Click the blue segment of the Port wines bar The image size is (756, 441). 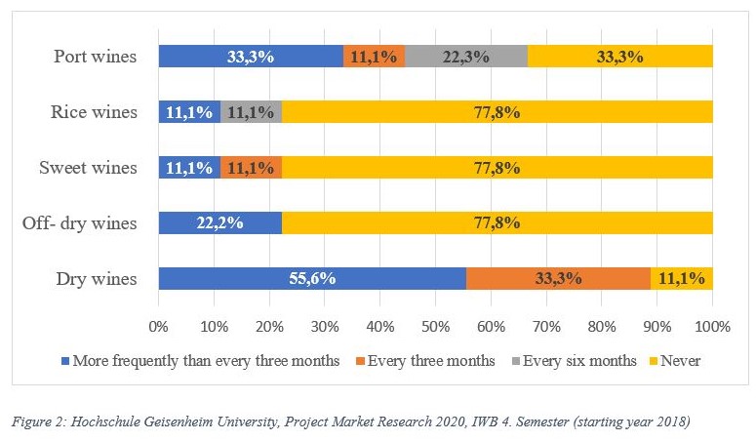(x=251, y=57)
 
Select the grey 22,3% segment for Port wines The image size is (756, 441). (x=466, y=57)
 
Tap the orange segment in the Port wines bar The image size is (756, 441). (x=374, y=57)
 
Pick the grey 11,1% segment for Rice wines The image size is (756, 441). (x=251, y=112)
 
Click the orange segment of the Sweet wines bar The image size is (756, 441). (x=251, y=168)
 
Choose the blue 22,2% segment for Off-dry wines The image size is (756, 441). (x=219, y=223)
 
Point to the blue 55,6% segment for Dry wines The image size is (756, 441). (x=312, y=278)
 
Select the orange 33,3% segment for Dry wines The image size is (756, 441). (x=558, y=278)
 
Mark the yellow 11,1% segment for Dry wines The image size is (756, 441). (x=682, y=278)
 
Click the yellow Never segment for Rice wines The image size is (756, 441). (x=497, y=112)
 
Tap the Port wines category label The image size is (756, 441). (x=95, y=57)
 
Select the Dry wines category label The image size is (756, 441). (x=98, y=279)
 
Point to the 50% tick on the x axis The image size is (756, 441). (x=435, y=323)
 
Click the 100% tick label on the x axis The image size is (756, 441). (x=712, y=323)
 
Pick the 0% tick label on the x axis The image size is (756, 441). (x=159, y=323)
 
